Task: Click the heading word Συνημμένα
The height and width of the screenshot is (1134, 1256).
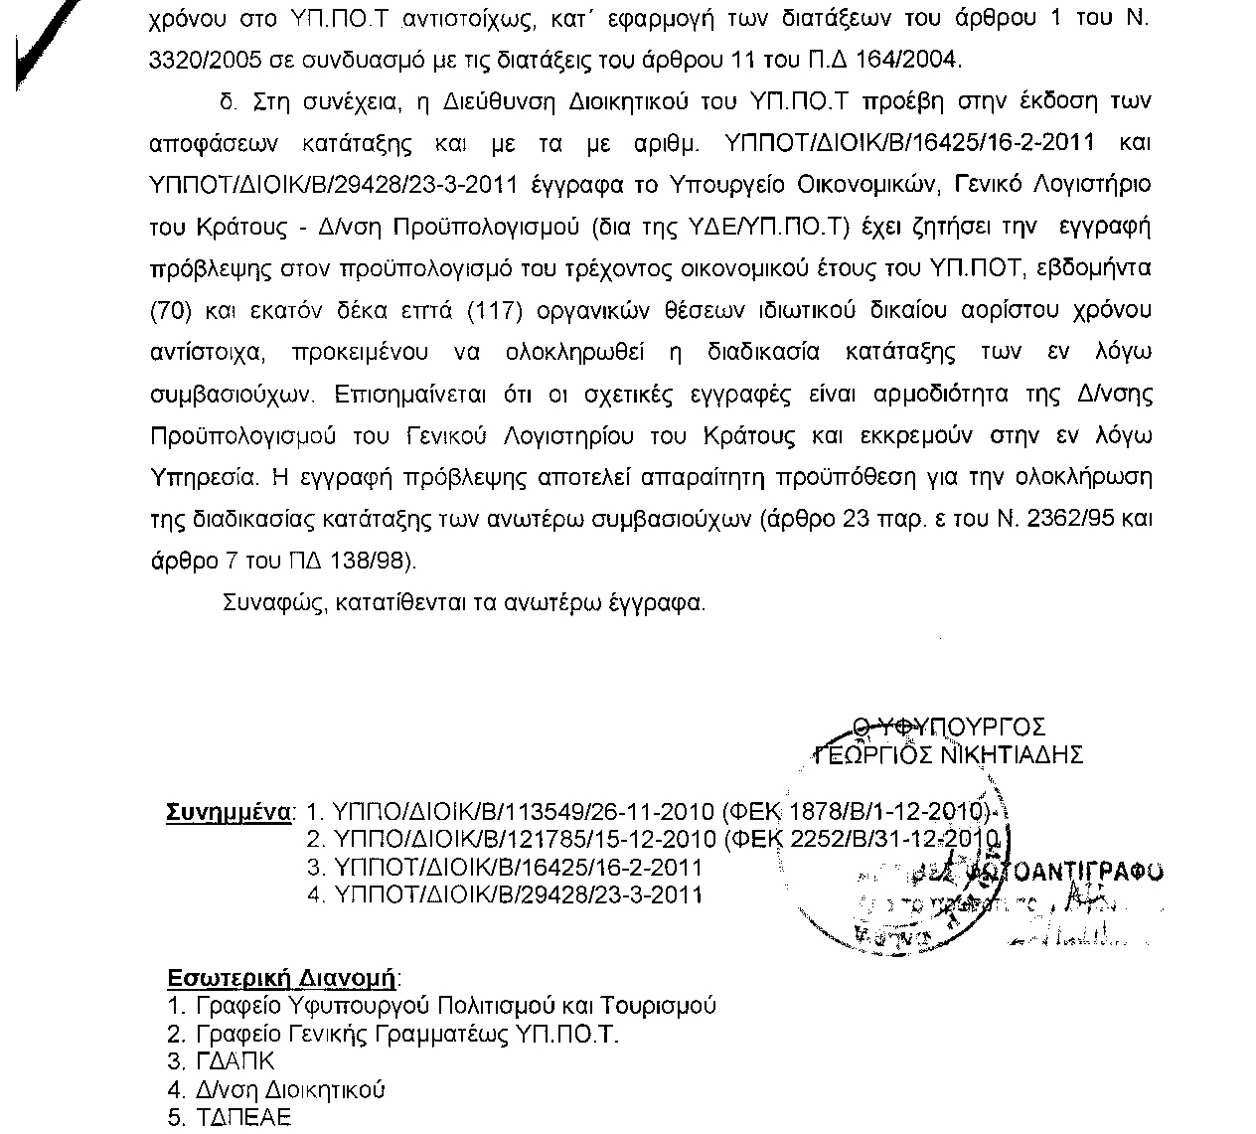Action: click(228, 811)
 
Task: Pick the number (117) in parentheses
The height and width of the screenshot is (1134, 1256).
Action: click(494, 311)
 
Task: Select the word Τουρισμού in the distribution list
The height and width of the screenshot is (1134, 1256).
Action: click(666, 1005)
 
